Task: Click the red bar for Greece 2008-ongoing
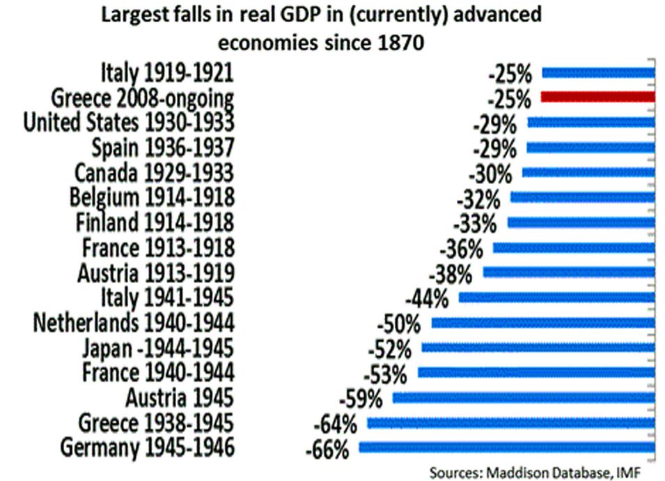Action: pyautogui.click(x=597, y=96)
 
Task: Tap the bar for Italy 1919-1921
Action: pyautogui.click(x=598, y=72)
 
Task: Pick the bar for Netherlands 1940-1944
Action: pyautogui.click(x=543, y=323)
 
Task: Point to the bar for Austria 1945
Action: pyautogui.click(x=524, y=397)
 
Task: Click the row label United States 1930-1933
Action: pyautogui.click(x=128, y=123)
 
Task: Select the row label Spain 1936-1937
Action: pyautogui.click(x=162, y=148)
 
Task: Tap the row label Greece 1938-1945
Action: pyautogui.click(x=155, y=422)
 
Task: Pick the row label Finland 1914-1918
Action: pyautogui.click(x=154, y=223)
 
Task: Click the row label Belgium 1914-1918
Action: pyautogui.click(x=152, y=198)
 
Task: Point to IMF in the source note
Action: pyautogui.click(x=625, y=473)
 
